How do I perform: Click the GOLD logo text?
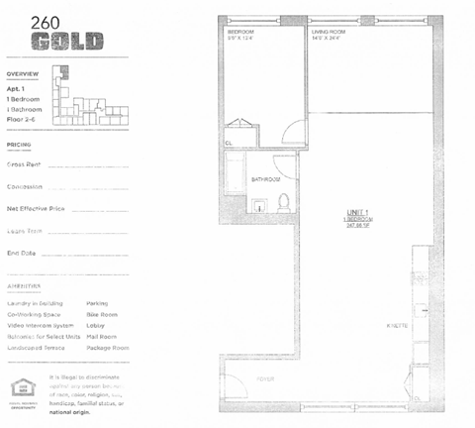pyautogui.click(x=66, y=41)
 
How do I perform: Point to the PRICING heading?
pyautogui.click(x=19, y=144)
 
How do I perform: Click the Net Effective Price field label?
pyautogui.click(x=35, y=209)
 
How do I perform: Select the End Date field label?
pyautogui.click(x=21, y=253)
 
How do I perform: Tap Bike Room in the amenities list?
pyautogui.click(x=102, y=314)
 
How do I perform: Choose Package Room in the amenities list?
pyautogui.click(x=108, y=348)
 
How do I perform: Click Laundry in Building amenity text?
pyautogui.click(x=35, y=303)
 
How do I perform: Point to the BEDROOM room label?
pyautogui.click(x=242, y=33)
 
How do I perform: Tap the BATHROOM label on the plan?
pyautogui.click(x=265, y=179)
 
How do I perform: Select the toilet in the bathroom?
pyautogui.click(x=283, y=203)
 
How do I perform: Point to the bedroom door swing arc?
pyautogui.click(x=290, y=130)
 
